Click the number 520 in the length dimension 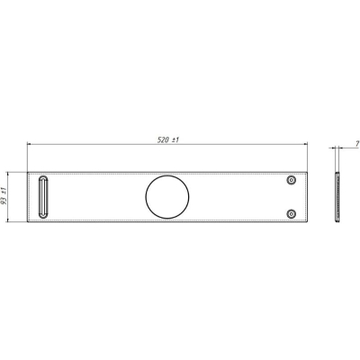[163, 140]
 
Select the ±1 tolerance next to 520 [175, 140]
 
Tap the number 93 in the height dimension [4, 202]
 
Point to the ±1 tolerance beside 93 [4, 191]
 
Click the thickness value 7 [357, 144]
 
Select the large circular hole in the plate [167, 175]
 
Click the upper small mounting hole [291, 180]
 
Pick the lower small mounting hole [291, 214]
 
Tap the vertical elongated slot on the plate [39, 197]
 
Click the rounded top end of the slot [43, 176]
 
